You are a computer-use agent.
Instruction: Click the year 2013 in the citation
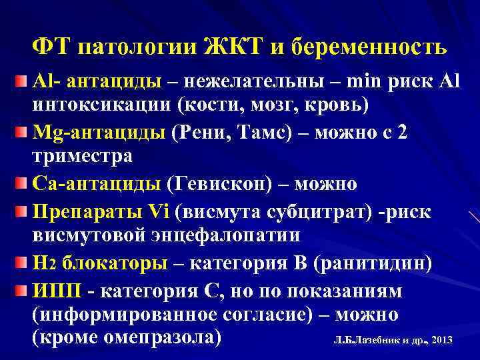[442, 341]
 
